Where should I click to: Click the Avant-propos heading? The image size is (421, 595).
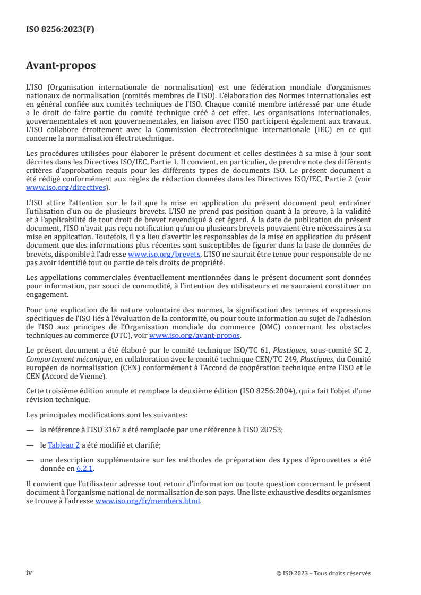61,66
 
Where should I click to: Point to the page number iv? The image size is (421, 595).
29,572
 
